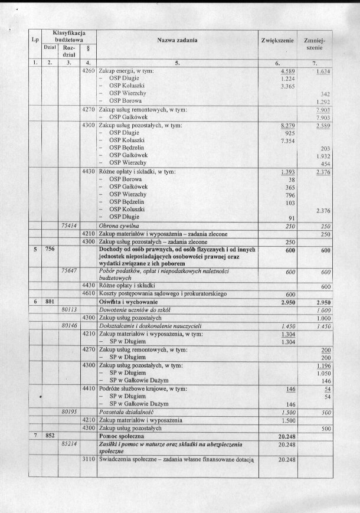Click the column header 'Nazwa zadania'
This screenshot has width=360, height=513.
point(177,40)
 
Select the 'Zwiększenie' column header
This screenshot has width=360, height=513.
point(277,40)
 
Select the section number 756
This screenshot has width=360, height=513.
point(50,249)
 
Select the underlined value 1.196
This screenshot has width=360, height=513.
point(321,365)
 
